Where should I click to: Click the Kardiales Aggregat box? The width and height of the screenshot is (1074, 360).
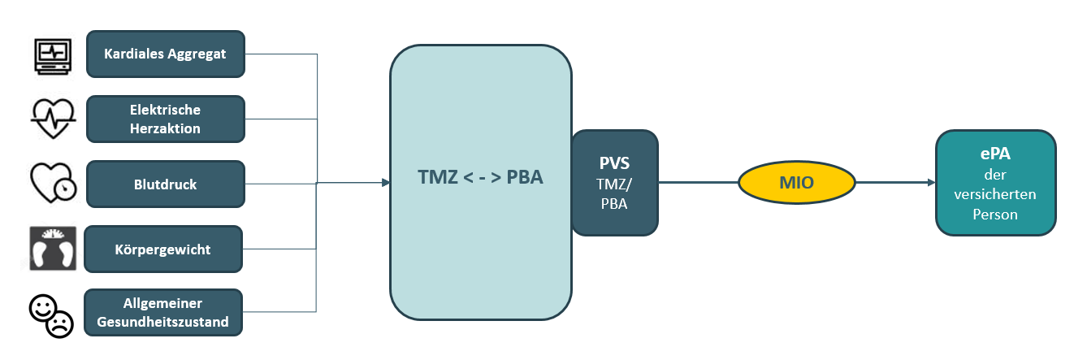click(x=165, y=54)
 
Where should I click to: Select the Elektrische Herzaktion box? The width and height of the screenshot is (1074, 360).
click(x=165, y=119)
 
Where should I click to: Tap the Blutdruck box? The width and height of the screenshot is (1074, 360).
click(x=165, y=184)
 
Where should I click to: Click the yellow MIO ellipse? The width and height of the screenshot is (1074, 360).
click(x=797, y=183)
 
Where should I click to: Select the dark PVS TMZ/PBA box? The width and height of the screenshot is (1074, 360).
click(x=614, y=183)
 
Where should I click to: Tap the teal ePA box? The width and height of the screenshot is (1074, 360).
click(x=995, y=183)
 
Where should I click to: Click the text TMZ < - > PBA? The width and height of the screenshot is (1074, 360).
click(x=480, y=178)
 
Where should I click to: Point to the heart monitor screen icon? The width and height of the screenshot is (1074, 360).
click(x=54, y=55)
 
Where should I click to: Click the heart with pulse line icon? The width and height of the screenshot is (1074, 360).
click(x=54, y=119)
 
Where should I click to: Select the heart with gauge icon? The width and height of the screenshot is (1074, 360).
click(x=52, y=184)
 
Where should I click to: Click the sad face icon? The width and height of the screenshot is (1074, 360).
click(x=61, y=325)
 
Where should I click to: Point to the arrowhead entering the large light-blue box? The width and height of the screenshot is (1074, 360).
click(x=385, y=183)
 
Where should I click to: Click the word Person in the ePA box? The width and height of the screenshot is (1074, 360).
click(x=995, y=215)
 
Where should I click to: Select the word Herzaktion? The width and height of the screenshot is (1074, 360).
click(x=165, y=128)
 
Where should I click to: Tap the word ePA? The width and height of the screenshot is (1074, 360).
click(x=995, y=155)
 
